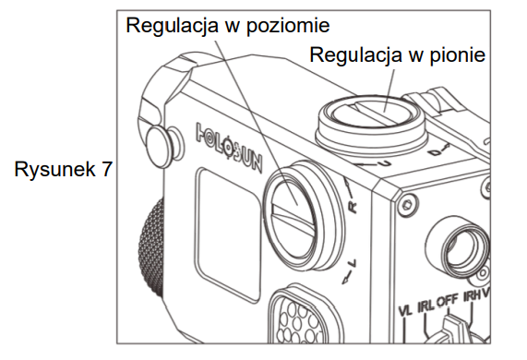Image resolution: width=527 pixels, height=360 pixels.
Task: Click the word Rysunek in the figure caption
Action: [54, 169]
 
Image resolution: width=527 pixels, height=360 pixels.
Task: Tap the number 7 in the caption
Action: [106, 169]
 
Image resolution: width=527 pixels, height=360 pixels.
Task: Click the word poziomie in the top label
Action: [288, 26]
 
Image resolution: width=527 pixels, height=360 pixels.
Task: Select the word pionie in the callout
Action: [458, 54]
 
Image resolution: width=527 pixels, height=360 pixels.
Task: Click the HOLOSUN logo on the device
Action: [229, 147]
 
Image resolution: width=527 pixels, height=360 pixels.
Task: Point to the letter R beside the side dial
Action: [353, 207]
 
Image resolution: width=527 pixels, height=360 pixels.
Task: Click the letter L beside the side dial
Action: [353, 263]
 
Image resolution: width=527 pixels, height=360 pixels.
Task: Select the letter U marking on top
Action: [387, 163]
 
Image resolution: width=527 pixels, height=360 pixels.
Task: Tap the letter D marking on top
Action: [436, 152]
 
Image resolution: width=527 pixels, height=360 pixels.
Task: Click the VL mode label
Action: [405, 310]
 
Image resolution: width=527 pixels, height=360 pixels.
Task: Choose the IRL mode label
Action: [425, 306]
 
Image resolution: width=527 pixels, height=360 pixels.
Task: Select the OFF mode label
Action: [448, 300]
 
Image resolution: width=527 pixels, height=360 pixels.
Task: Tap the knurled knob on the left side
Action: [151, 248]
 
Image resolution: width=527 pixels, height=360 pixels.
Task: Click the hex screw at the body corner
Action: [408, 204]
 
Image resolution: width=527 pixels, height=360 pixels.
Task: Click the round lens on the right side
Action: [463, 249]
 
